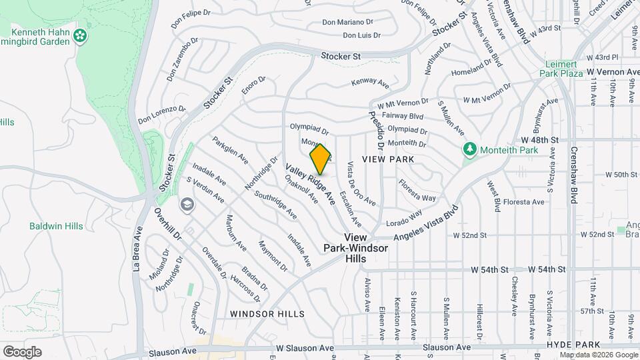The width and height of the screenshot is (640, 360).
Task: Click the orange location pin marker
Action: [x=321, y=159]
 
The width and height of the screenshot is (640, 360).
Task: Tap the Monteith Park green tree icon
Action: [x=470, y=148]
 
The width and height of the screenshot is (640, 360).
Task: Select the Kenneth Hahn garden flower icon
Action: [x=81, y=34]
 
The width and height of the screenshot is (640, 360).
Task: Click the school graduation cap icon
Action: [x=187, y=203]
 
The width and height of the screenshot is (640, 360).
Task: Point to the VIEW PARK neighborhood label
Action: [x=388, y=159]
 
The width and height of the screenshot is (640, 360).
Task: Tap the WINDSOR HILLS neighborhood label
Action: [x=267, y=313]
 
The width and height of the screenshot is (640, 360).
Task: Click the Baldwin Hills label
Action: [x=56, y=226]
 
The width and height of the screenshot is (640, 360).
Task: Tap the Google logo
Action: [x=22, y=351]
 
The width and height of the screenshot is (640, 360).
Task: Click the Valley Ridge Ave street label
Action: [x=311, y=183]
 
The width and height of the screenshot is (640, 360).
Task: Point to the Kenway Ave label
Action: [x=371, y=83]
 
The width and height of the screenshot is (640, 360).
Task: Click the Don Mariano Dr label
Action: [x=347, y=22]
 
